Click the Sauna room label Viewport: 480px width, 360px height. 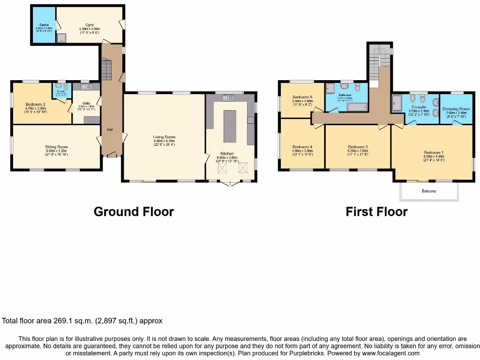click(44, 24)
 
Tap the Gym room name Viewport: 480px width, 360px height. click(89, 25)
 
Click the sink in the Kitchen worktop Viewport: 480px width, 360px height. click(229, 98)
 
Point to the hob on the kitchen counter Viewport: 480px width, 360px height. click(251, 120)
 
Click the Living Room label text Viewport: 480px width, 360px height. click(164, 137)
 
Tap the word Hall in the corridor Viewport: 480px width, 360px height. click(109, 129)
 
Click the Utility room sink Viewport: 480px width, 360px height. click(86, 87)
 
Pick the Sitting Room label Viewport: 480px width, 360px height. click(57, 147)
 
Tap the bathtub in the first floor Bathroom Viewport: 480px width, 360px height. click(356, 107)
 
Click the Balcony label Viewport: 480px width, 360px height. click(428, 191)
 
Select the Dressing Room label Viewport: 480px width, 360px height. click(456, 109)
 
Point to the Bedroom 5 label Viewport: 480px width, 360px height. click(302, 97)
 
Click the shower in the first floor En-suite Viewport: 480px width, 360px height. click(397, 103)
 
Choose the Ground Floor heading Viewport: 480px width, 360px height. click(134, 211)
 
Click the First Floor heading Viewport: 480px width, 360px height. click(376, 211)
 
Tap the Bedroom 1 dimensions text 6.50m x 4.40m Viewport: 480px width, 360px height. click(433, 157)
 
